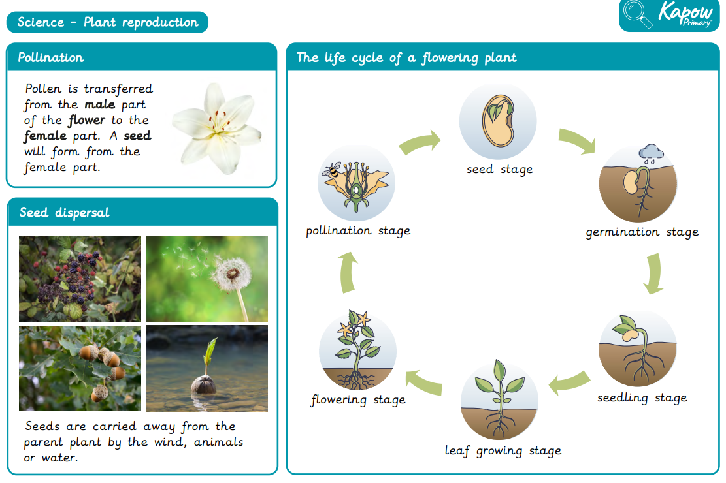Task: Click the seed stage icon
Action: [x=498, y=121]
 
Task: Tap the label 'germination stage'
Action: [x=642, y=232]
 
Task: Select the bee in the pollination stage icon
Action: [x=333, y=170]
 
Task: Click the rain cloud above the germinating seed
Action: [x=651, y=153]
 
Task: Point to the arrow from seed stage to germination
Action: [x=578, y=140]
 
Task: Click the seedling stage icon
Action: [x=638, y=348]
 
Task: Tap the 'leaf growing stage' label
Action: [x=503, y=450]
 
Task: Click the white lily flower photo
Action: [x=218, y=129]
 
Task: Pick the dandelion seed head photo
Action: [x=206, y=279]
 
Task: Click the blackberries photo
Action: [x=80, y=279]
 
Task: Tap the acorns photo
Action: [x=80, y=368]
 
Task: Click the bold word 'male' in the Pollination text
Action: [x=99, y=104]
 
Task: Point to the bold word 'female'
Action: [x=45, y=136]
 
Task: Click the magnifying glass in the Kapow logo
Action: [x=637, y=14]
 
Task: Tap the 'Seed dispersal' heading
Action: [x=64, y=212]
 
